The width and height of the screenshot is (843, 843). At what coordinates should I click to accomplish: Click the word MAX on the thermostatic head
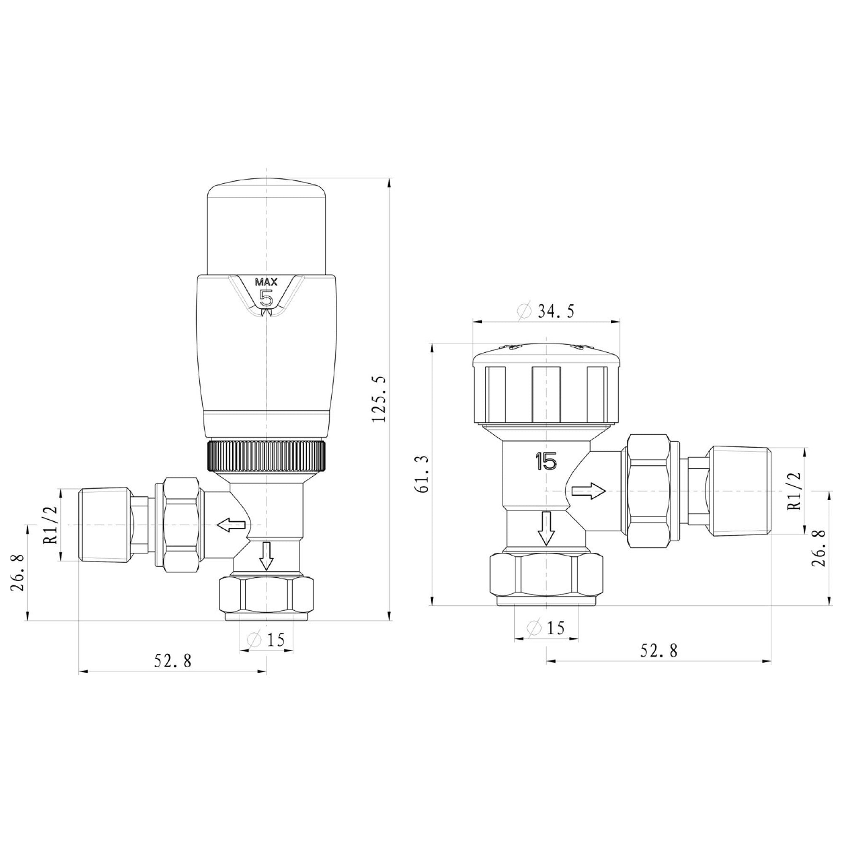[x=266, y=282]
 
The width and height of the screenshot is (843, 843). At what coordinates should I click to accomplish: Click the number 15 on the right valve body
[x=546, y=461]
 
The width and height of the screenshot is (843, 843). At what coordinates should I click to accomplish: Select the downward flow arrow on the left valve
[x=266, y=556]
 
